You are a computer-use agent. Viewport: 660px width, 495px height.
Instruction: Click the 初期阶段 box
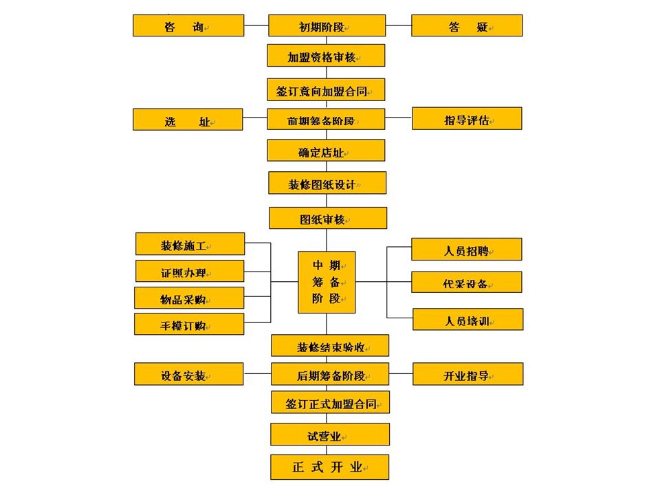pos(327,26)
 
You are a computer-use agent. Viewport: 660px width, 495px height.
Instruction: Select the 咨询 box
pos(188,26)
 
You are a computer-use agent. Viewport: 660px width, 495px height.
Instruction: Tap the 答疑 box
pos(467,26)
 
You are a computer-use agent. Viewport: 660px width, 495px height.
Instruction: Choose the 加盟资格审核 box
pos(326,56)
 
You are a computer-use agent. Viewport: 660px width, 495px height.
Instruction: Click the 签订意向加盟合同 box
pos(326,90)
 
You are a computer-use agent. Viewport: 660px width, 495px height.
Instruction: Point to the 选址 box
pos(188,120)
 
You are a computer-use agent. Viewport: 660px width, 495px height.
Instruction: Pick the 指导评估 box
pos(467,119)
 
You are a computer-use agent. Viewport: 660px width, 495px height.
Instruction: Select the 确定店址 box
pos(326,151)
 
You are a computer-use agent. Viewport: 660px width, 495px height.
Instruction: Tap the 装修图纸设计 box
pos(327,184)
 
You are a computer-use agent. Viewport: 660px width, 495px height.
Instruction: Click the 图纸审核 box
pos(327,219)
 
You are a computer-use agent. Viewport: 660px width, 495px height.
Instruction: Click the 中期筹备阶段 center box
pos(327,282)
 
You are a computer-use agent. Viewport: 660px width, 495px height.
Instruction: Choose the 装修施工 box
pos(190,245)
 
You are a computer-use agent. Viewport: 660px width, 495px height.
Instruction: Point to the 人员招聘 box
pos(467,250)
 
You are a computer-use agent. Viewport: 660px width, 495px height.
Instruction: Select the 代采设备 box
pos(467,283)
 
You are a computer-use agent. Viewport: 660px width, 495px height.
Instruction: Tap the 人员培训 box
pos(468,320)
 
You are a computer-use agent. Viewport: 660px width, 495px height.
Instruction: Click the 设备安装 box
pos(188,375)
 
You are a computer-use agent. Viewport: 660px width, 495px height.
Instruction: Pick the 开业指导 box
pos(468,375)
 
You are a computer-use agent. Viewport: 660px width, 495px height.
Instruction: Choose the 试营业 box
pos(330,435)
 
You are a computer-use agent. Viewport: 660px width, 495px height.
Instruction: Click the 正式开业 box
pos(330,467)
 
